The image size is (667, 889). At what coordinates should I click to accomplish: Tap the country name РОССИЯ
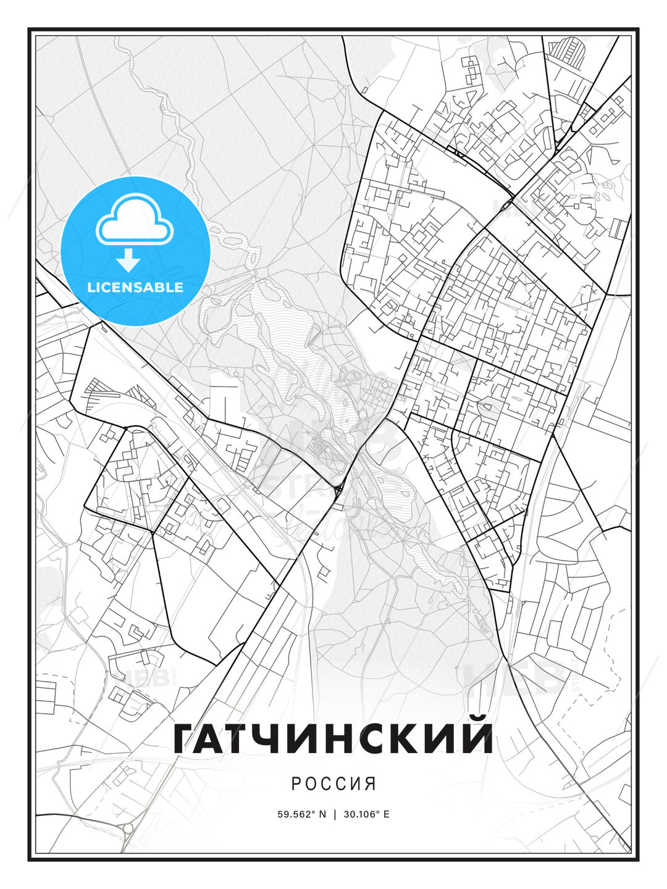coord(333,784)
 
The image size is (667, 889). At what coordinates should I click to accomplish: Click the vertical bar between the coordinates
coord(334,814)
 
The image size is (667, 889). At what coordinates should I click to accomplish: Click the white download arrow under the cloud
coord(128,260)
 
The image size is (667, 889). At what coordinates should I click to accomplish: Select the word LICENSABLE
coord(135,287)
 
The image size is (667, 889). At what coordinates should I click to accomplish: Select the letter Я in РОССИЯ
coord(371,784)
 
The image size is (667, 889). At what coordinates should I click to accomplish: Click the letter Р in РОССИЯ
coord(296,784)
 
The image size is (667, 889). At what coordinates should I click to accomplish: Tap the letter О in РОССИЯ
coord(311,784)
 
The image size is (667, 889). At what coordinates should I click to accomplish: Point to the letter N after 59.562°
coord(322,814)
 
